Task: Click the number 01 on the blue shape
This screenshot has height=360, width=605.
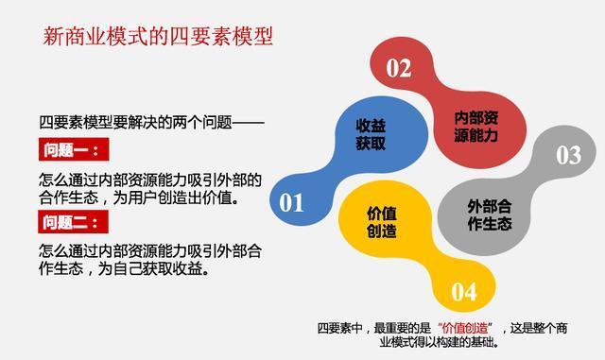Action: coord(291,202)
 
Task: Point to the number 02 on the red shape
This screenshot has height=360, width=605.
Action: coord(399,68)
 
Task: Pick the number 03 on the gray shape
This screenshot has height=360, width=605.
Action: coord(568,155)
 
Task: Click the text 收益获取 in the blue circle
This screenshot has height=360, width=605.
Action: coord(371,135)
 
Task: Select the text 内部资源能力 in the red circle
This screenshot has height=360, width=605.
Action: coord(476,127)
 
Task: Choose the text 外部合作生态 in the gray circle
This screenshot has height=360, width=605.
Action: coord(489,215)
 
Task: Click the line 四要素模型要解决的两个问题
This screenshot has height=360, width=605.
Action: coord(151,122)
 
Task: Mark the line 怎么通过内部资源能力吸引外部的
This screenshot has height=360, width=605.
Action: coord(150,180)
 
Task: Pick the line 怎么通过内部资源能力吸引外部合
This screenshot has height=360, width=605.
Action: coord(150,250)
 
